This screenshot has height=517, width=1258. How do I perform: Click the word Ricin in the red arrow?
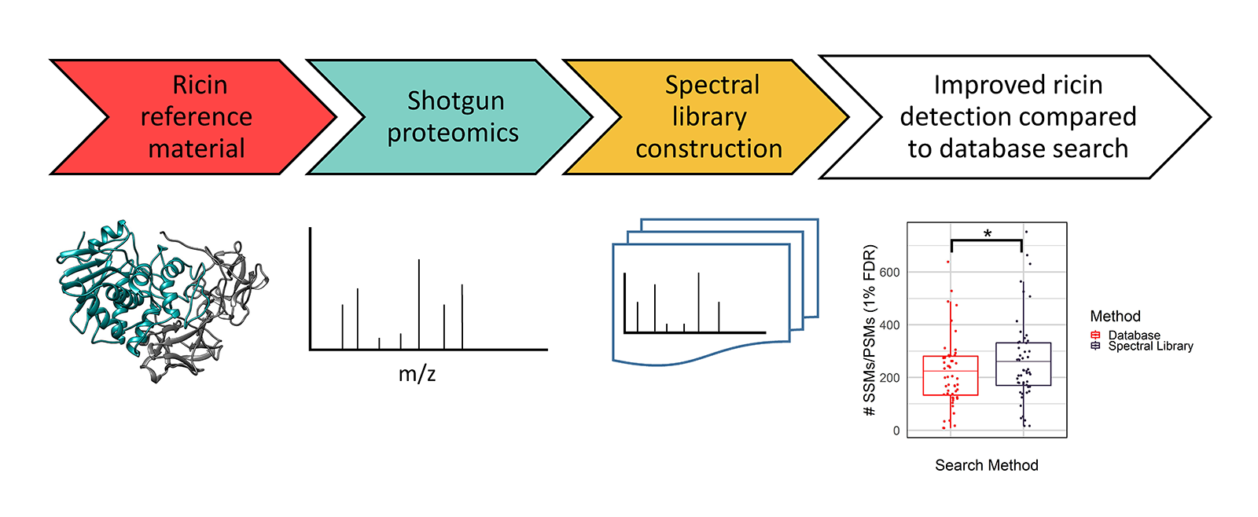[x=200, y=85]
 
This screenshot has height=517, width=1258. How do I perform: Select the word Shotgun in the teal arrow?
[x=455, y=101]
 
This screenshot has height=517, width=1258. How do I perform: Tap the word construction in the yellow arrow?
[x=708, y=148]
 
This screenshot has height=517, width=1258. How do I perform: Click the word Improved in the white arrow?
[x=977, y=85]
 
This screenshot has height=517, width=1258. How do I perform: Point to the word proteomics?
[x=452, y=133]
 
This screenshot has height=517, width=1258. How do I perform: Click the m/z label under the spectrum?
[x=417, y=373]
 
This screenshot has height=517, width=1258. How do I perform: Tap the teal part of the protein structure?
[x=102, y=283]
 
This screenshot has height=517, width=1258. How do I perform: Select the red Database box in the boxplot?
[x=951, y=376]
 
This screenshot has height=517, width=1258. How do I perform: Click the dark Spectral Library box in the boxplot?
[x=1023, y=364]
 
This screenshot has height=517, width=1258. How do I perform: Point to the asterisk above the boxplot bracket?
[x=988, y=233]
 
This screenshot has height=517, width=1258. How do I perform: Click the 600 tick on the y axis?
[x=890, y=273]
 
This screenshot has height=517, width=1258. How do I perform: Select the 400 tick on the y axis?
[x=890, y=325]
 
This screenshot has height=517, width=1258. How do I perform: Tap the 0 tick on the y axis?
[x=896, y=431]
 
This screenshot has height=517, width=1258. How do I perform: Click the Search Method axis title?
[x=986, y=465]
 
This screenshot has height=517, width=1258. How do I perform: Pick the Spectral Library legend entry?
[x=1150, y=346]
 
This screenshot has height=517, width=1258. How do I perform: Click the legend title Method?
[x=1115, y=317]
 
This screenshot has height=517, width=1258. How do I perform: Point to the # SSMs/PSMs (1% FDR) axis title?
[x=870, y=330]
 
